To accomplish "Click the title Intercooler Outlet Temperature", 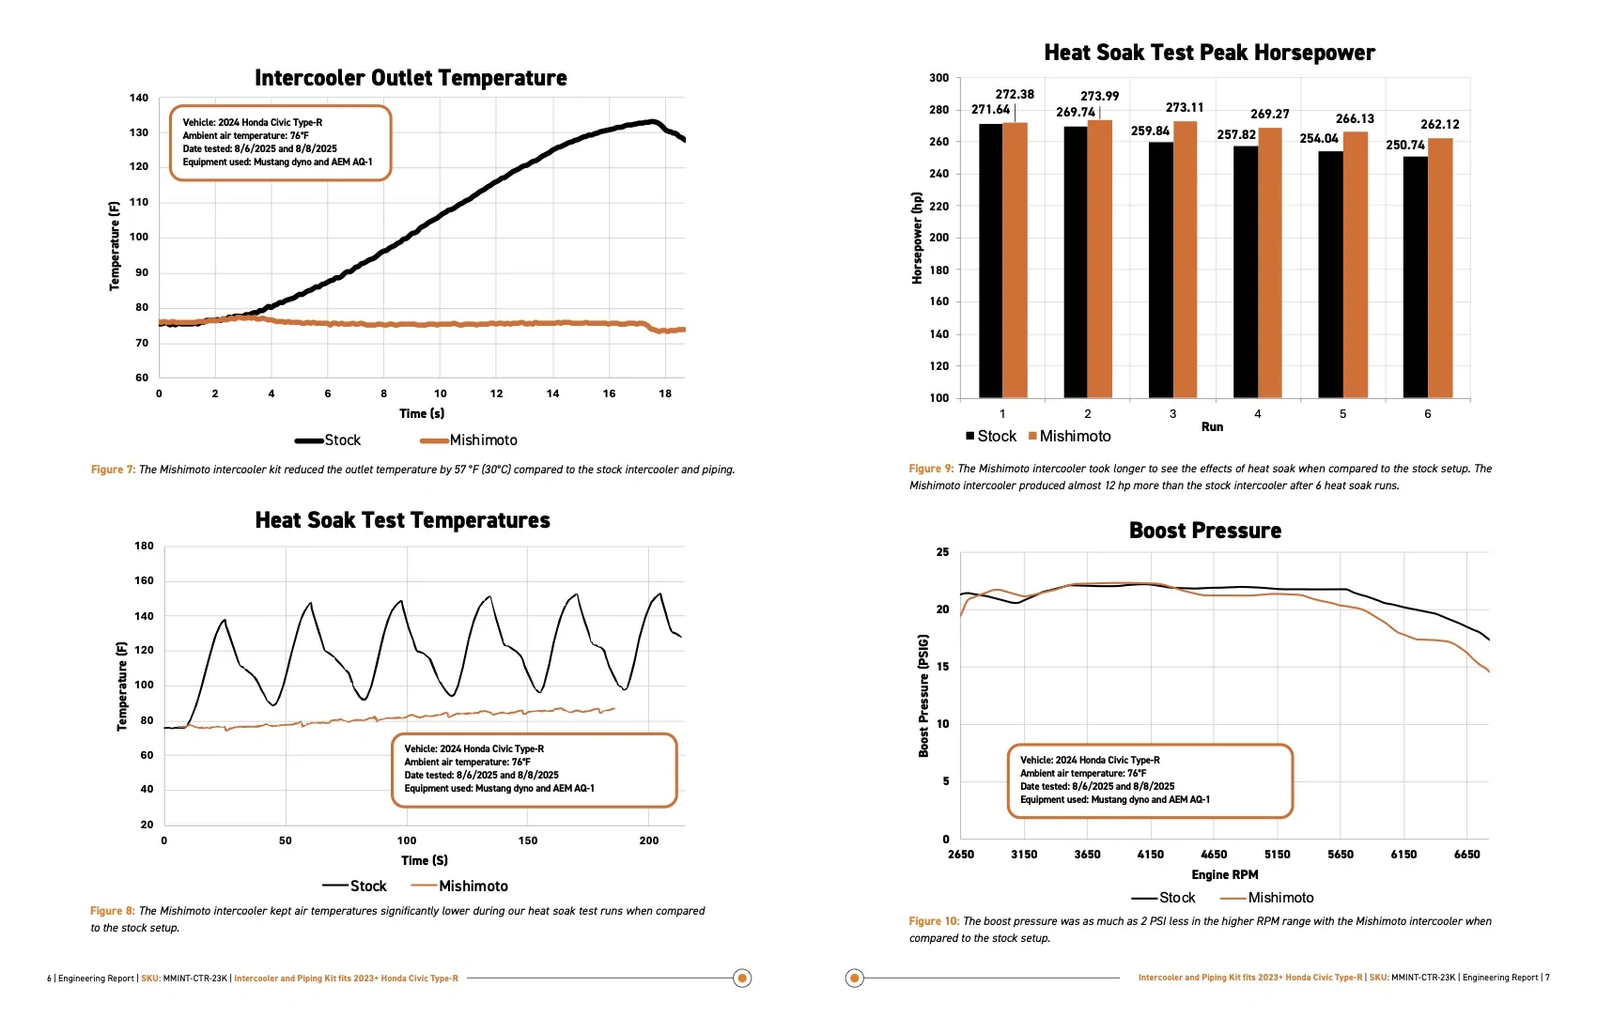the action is point(411,78).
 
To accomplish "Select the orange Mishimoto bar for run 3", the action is point(1185,259).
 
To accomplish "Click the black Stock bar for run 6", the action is point(1415,277).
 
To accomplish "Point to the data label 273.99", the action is point(1099,96).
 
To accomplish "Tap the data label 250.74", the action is point(1405,146).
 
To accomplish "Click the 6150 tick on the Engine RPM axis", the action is point(1403,854).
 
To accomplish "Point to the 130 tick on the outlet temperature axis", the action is point(138,132).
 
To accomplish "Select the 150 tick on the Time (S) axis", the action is point(528,840).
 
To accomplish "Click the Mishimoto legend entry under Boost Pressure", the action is point(1267,899).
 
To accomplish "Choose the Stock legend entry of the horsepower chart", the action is point(991,437).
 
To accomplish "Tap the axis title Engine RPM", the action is point(1225,874).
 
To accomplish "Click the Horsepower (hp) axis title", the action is point(917,239).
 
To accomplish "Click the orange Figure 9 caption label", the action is point(930,470).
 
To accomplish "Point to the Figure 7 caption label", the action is point(113,470).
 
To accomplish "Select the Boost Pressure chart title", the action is point(1205,531).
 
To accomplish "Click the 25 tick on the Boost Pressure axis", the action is point(942,552).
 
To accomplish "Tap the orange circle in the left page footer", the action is point(742,979).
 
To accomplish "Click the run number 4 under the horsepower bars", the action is point(1258,414).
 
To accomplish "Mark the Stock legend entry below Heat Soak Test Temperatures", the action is point(354,887).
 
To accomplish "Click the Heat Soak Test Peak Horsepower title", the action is point(1209,53).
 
